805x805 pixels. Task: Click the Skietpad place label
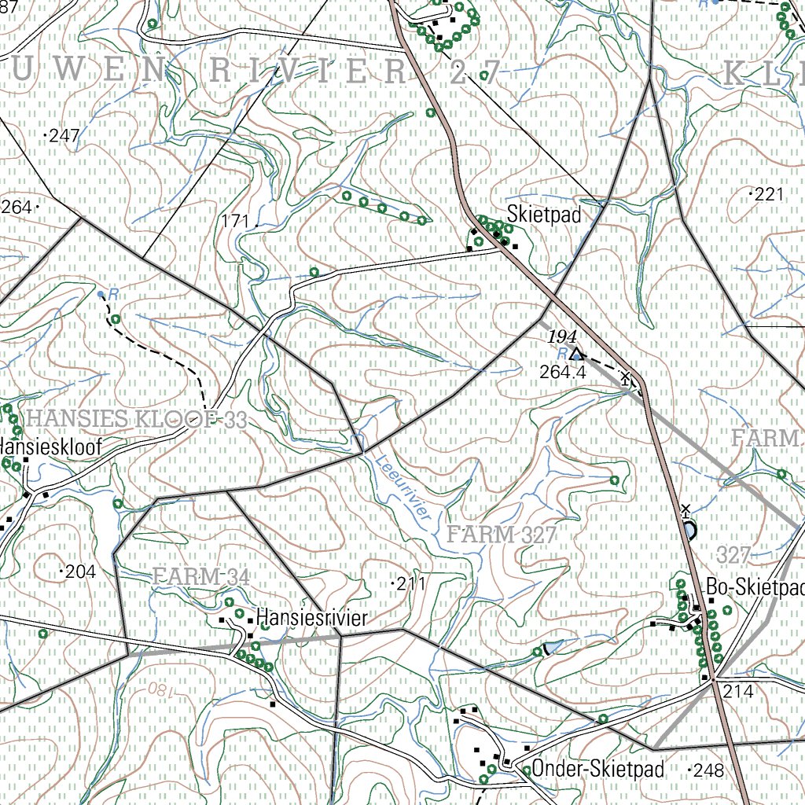pyautogui.click(x=544, y=214)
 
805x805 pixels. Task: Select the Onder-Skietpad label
pyautogui.click(x=597, y=768)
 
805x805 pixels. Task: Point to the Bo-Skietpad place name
pyautogui.click(x=755, y=588)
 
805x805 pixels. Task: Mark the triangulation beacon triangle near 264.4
pyautogui.click(x=576, y=353)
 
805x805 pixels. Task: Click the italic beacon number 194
pyautogui.click(x=563, y=336)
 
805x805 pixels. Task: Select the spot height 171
pyautogui.click(x=235, y=222)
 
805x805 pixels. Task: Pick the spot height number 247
pyautogui.click(x=64, y=136)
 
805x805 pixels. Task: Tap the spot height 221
pyautogui.click(x=769, y=194)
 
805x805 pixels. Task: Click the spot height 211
pyautogui.click(x=410, y=583)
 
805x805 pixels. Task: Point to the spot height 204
pyautogui.click(x=80, y=572)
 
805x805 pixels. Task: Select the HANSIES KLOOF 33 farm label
pyautogui.click(x=136, y=420)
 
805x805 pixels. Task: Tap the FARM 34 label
pyautogui.click(x=201, y=576)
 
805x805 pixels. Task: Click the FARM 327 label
pyautogui.click(x=502, y=535)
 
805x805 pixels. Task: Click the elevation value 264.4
pyautogui.click(x=563, y=373)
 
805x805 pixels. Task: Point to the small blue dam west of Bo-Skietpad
pyautogui.click(x=553, y=646)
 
